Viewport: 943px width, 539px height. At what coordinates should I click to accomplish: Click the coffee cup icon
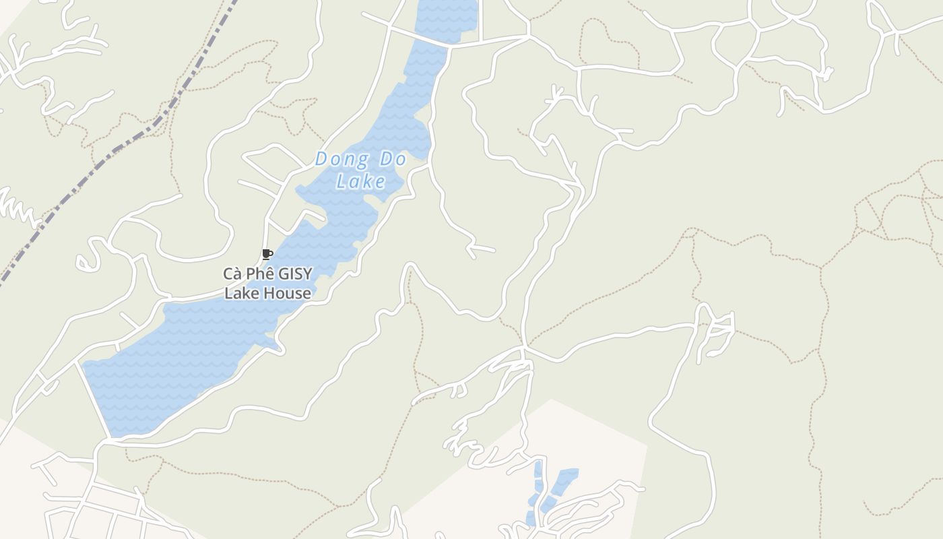coord(267,254)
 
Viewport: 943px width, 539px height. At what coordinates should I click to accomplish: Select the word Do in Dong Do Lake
coord(393,160)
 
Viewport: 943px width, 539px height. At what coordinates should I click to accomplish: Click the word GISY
coord(295,274)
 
